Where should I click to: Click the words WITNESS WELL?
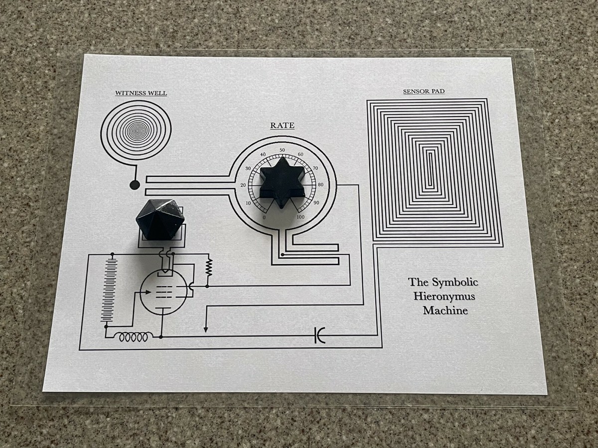click(141, 93)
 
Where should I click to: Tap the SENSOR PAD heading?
click(424, 92)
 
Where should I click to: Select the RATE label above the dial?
click(282, 125)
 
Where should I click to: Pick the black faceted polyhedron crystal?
click(160, 220)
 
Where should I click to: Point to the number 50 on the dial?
click(282, 150)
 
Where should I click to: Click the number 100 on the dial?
click(300, 218)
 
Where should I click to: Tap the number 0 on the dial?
click(264, 218)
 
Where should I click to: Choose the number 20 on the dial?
click(243, 185)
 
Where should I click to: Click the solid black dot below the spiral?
click(135, 185)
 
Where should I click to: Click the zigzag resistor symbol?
click(209, 267)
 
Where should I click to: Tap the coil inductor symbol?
click(134, 337)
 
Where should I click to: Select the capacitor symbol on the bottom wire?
click(319, 336)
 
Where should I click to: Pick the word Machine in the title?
click(445, 311)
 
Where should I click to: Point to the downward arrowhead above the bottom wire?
click(206, 329)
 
